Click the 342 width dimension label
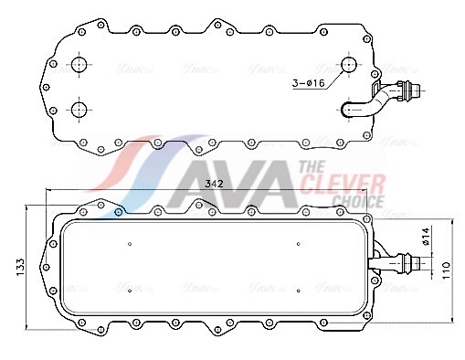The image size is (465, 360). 214,184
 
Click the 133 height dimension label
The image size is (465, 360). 20,267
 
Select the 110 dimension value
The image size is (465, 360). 446,270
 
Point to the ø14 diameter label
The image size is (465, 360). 426,236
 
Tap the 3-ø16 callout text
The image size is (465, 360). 309,83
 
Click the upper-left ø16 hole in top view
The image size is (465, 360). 79,64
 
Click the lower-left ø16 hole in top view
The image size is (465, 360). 79,110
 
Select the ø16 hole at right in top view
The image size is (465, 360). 348,65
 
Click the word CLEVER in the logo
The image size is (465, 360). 343,185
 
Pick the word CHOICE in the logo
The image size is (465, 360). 358,201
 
